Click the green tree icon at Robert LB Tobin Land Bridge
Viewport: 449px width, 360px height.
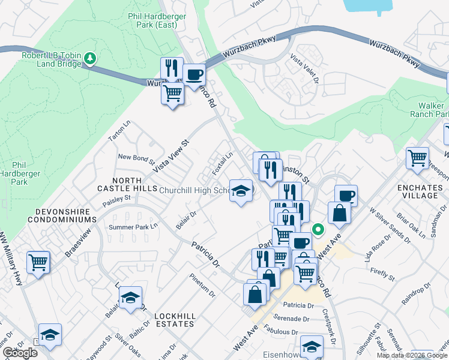tap(90, 58)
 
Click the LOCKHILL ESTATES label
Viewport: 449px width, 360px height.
tap(174, 320)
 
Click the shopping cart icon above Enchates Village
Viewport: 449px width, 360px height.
tap(417, 158)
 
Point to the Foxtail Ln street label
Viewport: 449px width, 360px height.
tap(222, 164)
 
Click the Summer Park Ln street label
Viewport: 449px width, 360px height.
tap(133, 227)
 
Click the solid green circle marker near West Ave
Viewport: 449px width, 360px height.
tap(319, 229)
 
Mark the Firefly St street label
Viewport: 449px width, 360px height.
tap(382, 275)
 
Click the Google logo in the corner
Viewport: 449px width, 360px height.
tap(20, 353)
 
